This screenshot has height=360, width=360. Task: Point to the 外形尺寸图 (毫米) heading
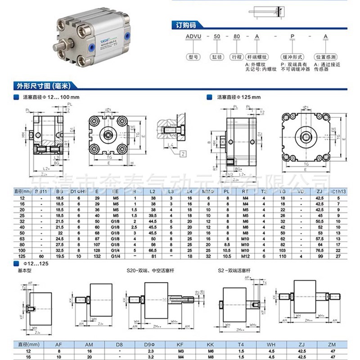(45, 85)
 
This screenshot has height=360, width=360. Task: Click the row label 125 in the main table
(22, 255)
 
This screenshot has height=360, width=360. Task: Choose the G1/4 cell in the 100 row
(116, 250)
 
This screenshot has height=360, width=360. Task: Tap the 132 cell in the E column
(97, 255)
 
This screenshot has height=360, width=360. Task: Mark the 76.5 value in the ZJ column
(319, 250)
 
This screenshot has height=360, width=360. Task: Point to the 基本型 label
(23, 271)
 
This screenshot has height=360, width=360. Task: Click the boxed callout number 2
(184, 154)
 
